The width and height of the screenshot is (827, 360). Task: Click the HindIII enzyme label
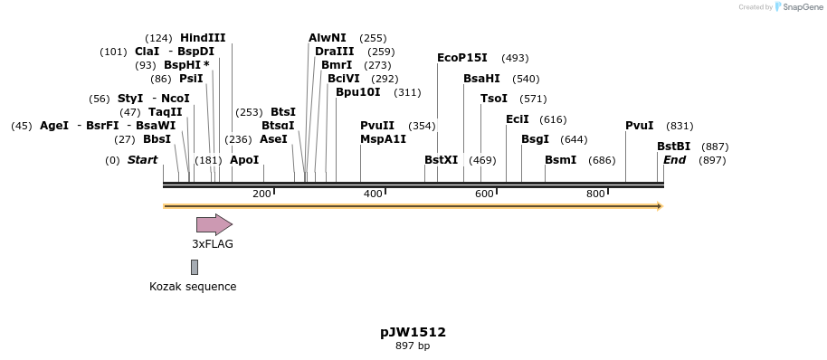coord(203,38)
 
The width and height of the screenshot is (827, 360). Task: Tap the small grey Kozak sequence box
coord(195,267)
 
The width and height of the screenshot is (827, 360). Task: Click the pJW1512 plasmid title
coord(413,332)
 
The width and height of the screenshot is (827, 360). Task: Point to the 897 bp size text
coord(413,346)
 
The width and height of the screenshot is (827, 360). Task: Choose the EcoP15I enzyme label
coord(461,58)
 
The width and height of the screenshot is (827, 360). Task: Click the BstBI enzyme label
coord(673,147)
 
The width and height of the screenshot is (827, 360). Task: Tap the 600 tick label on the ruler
coord(484,194)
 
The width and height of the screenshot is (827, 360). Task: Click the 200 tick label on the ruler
coord(261,194)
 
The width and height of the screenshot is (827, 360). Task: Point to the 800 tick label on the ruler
coord(595,194)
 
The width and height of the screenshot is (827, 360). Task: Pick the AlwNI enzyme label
coord(327,38)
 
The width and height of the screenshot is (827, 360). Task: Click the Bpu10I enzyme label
coord(357,92)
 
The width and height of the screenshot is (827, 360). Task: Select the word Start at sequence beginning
coord(142,160)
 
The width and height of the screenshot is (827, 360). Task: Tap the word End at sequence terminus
coord(674,160)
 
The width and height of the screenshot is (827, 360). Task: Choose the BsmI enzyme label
coord(560,160)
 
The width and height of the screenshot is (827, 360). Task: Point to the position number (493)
coord(515,58)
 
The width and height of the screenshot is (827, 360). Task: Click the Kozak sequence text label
coord(193,287)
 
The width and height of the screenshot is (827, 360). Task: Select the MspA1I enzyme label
coord(383,139)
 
